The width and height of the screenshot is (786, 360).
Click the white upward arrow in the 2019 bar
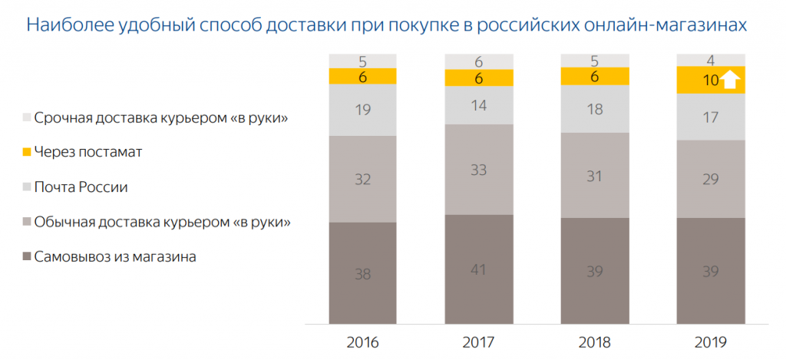pos(730,80)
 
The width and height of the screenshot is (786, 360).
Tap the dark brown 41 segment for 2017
pos(479,269)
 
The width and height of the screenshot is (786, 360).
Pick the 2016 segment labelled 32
pos(363,179)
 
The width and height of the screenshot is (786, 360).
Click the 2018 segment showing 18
pos(595,109)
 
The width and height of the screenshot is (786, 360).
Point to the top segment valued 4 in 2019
pos(712,59)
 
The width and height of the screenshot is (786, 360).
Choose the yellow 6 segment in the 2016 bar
pos(363,76)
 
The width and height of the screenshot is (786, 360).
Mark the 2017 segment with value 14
pos(479,105)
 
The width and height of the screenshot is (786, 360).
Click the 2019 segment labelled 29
pos(712,179)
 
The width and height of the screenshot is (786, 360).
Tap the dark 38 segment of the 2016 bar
pos(363,272)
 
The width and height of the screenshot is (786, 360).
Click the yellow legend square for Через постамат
pos(27,152)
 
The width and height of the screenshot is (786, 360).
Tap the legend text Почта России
pos(81,187)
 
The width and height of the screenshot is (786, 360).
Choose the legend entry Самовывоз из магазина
pos(116,257)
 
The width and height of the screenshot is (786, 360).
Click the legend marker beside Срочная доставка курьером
pos(27,117)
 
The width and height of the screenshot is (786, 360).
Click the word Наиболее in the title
pos(62,25)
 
